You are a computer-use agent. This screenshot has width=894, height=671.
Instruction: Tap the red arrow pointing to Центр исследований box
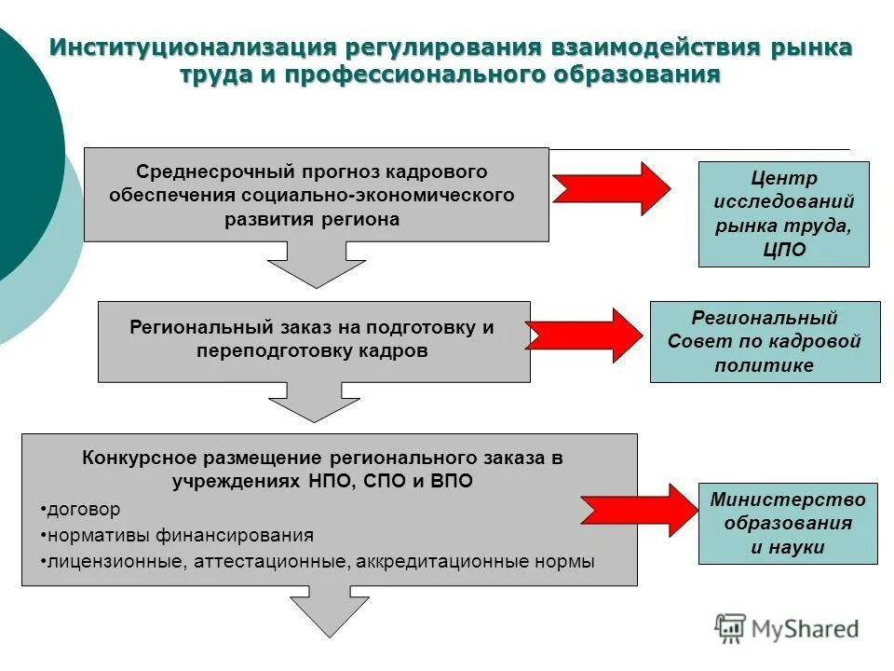tap(611, 188)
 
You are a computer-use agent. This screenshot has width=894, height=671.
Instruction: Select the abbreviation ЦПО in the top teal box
tap(783, 250)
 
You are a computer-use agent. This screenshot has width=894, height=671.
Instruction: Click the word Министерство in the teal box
tap(787, 500)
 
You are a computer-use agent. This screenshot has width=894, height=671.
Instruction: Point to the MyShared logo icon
tap(731, 628)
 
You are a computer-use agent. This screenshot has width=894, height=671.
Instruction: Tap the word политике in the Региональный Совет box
tap(764, 365)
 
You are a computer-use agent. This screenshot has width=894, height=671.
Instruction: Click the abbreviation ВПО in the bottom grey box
tap(451, 482)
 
